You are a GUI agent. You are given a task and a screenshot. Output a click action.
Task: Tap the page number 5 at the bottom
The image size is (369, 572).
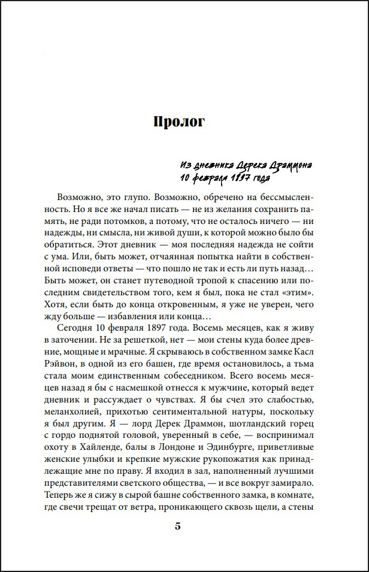pyautogui.click(x=177, y=526)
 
